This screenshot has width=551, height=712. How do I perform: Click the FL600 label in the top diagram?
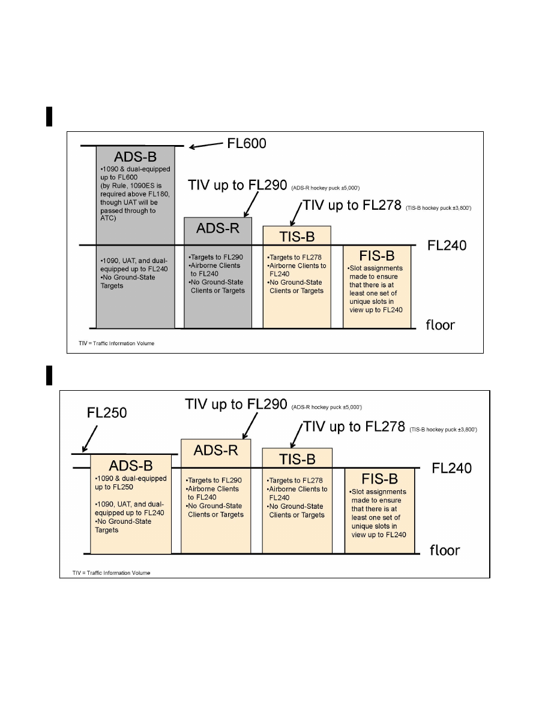coord(247,143)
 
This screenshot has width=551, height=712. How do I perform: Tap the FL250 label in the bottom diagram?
coord(107,413)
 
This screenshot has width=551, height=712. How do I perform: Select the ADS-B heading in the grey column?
coord(135,156)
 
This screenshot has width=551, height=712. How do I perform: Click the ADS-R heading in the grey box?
coord(218,228)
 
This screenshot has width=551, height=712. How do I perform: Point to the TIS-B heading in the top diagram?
coord(297,237)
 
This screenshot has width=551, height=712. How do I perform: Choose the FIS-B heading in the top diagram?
coord(377,256)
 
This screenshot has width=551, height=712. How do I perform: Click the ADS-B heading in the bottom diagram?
coord(131,466)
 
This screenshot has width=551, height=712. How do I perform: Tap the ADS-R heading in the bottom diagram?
coord(216,450)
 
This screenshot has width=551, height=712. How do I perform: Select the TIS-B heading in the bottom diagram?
coord(297,459)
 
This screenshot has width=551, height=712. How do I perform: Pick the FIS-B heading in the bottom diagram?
coord(379,479)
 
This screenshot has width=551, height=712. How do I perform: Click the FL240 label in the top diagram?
coord(447,246)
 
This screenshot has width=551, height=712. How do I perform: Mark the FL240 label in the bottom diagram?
coord(452,468)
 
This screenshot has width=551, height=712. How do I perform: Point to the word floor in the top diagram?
coord(440,325)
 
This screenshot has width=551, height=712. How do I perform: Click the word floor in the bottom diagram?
coord(445,550)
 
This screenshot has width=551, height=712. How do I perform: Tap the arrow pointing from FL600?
coord(206,145)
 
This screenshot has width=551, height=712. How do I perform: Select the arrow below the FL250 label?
coord(90,439)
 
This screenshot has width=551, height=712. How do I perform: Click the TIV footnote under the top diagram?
coord(116,343)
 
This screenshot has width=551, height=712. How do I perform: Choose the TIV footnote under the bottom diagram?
coord(112,573)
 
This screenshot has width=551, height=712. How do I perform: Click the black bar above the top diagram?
coord(49,116)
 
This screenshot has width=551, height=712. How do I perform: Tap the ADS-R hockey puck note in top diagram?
coord(325,188)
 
